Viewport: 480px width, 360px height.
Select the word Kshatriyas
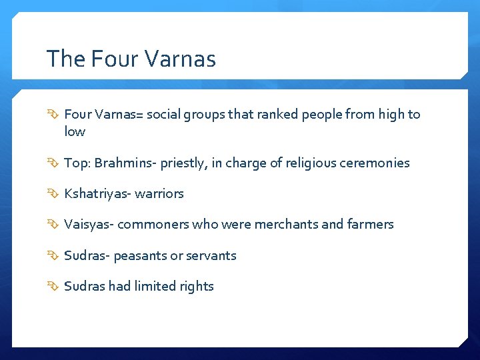tap(97, 193)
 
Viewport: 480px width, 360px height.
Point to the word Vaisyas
tap(89, 224)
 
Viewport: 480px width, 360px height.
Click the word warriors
tap(159, 193)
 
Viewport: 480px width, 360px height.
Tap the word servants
tap(211, 255)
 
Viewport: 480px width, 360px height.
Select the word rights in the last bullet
tap(197, 287)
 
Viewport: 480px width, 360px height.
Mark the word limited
tap(154, 286)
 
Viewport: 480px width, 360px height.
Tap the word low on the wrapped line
tap(75, 131)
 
